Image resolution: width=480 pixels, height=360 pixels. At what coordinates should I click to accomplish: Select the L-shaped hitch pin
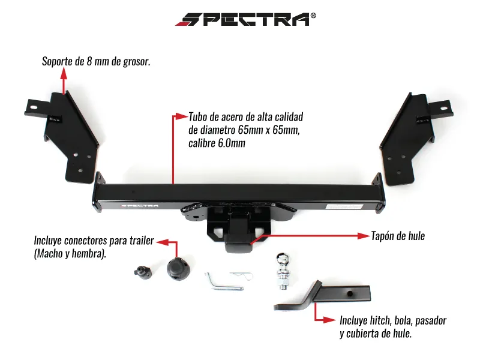pos(223,282)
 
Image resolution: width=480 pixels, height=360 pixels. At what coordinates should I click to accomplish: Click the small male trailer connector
pos(143,272)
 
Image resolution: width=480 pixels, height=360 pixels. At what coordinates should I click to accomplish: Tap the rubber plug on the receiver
pos(239,244)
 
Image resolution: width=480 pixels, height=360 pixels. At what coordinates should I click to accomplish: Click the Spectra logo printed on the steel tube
pos(140,206)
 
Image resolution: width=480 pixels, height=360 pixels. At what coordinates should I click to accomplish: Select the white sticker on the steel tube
pos(344,206)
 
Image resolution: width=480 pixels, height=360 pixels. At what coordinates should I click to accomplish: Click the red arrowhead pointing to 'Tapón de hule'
pos(364,236)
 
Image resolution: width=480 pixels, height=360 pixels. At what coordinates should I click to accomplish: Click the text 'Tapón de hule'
pos(398,236)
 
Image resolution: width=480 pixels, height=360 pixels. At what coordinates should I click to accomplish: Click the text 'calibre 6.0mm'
pos(217,143)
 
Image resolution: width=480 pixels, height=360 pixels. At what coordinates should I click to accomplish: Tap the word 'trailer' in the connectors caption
pos(142,241)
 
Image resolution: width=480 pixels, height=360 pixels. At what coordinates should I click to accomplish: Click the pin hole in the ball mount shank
pos(350,293)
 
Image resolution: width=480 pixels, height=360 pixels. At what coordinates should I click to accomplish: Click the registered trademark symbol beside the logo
pos(313,16)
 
